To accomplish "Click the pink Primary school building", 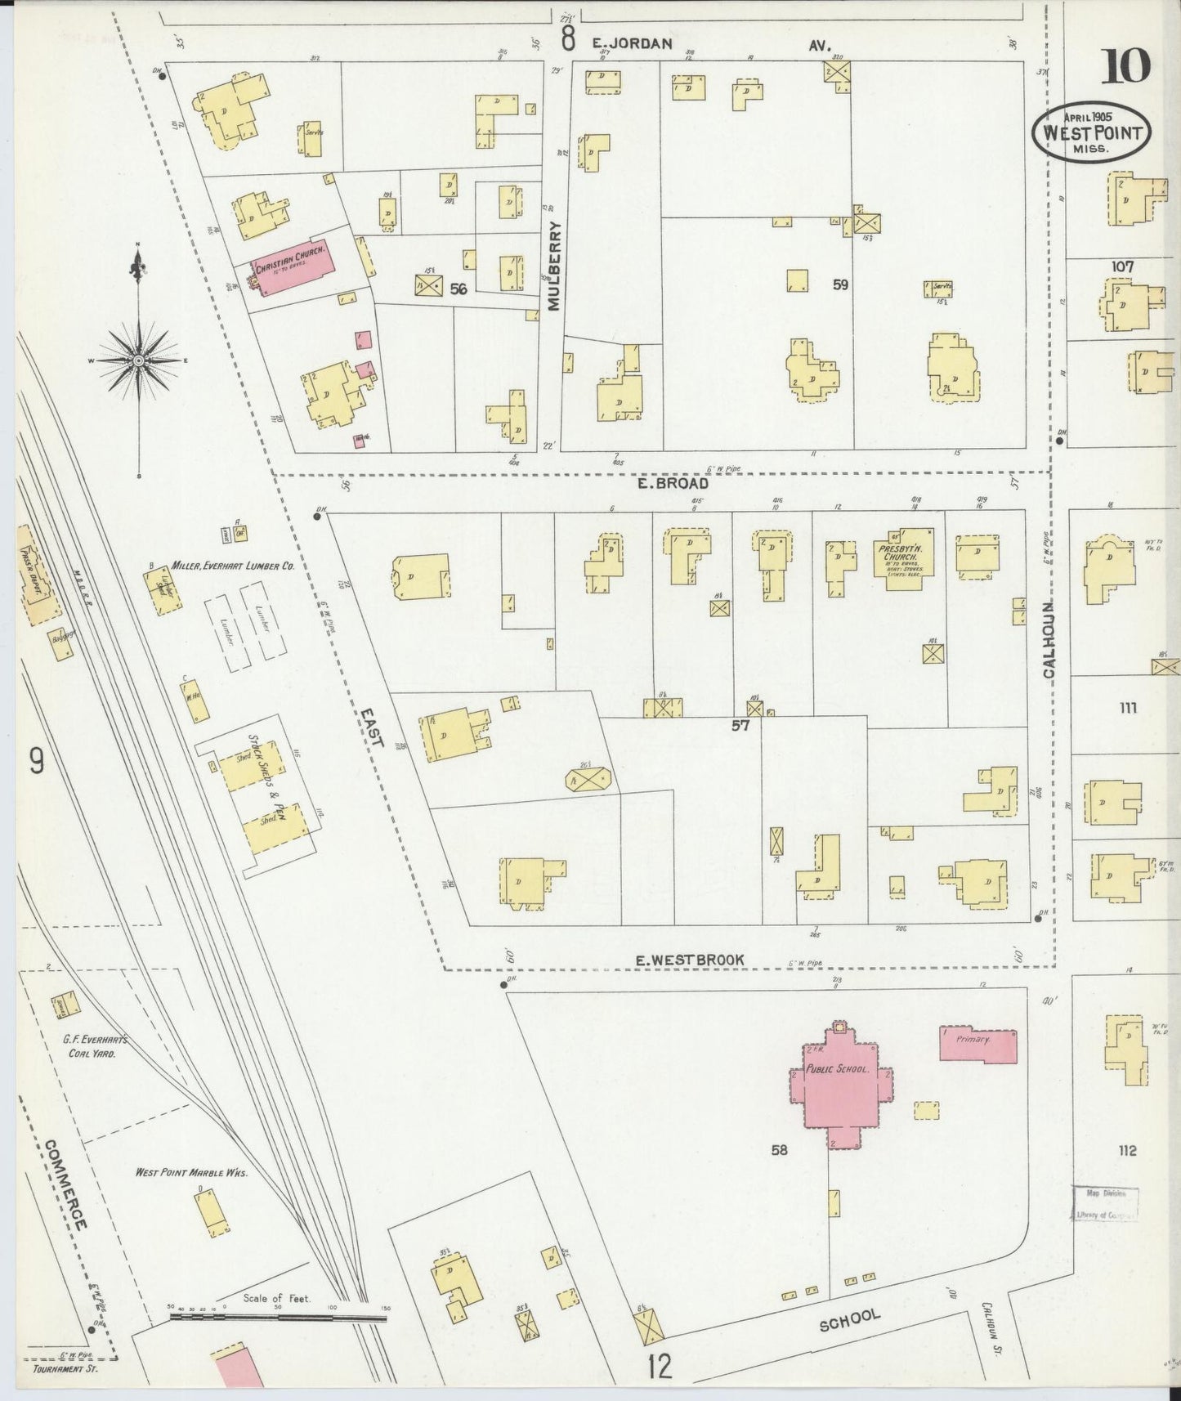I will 977,1045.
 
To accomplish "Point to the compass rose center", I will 138,360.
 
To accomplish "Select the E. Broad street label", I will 673,483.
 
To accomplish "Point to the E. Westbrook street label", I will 690,960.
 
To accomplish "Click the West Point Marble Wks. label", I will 191,1173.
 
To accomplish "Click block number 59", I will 840,284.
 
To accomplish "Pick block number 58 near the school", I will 778,1150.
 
